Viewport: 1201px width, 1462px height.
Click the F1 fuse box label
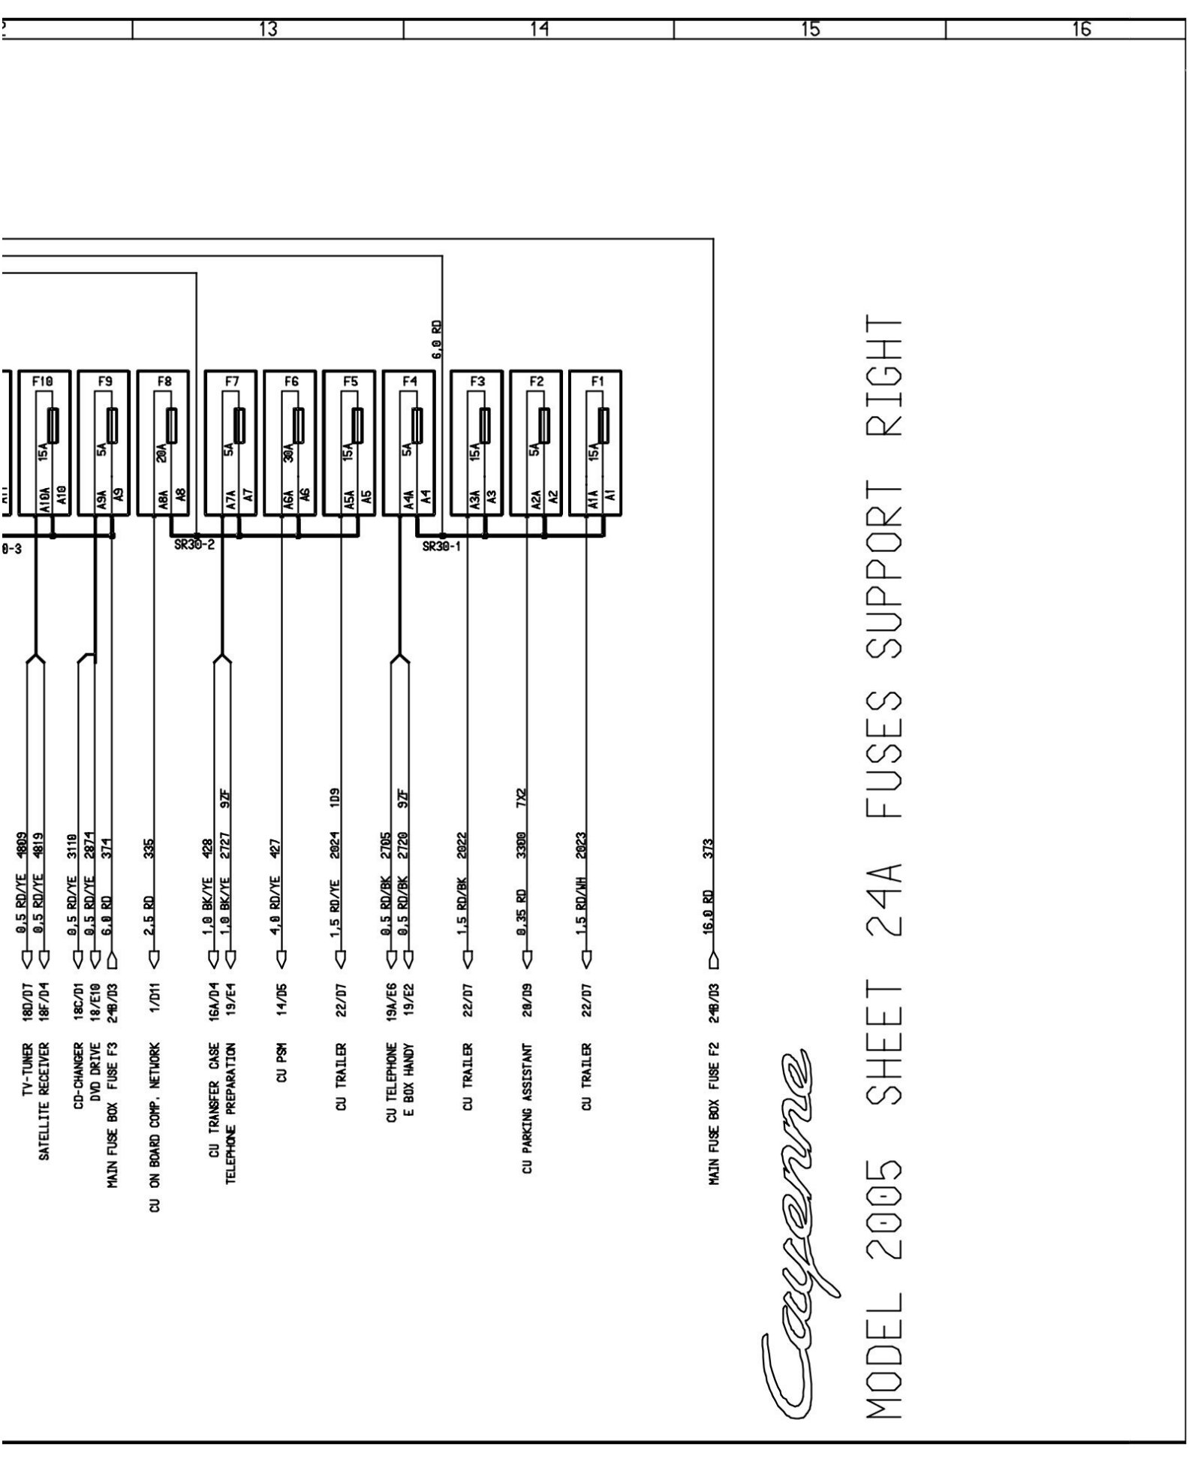(597, 381)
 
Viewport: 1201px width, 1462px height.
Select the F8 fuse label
(164, 381)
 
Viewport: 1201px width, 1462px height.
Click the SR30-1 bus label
(441, 547)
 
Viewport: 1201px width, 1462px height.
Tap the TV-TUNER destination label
(27, 1064)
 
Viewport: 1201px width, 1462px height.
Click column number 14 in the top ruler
(538, 29)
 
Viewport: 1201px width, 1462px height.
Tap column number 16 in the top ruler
(1081, 29)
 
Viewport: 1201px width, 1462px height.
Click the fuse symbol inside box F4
(417, 426)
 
